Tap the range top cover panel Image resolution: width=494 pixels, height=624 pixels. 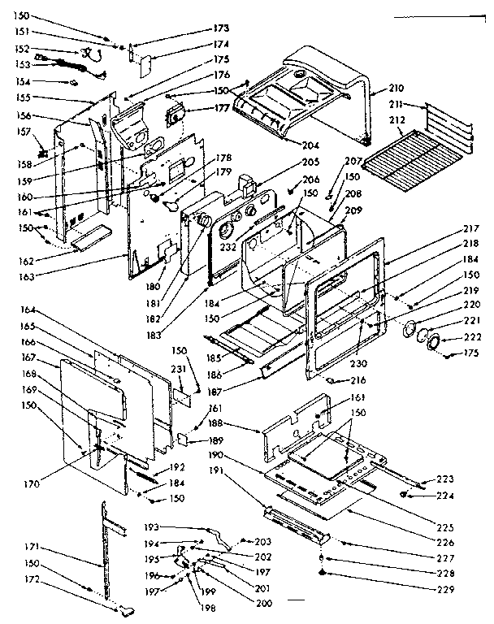click(x=309, y=89)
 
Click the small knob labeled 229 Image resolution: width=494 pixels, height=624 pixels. click(x=323, y=574)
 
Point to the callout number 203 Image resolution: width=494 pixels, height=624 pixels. click(x=262, y=541)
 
